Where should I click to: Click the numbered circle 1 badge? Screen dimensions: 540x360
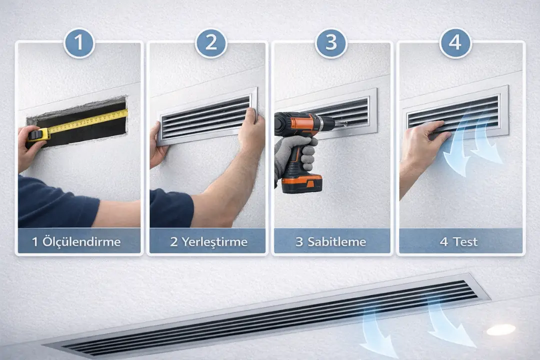pos(79,43)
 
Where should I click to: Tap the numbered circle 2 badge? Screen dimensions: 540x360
pos(211,43)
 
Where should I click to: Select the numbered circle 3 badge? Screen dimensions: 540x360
pos(331,43)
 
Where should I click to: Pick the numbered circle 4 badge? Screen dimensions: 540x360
pos(455,43)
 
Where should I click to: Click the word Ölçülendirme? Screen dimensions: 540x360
pos(81,241)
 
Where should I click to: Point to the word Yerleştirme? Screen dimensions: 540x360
pos(214,241)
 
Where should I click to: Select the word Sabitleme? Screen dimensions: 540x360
pos(336,241)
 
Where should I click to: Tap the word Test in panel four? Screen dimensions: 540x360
pos(465,241)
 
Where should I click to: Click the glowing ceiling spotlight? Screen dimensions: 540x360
pos(501,329)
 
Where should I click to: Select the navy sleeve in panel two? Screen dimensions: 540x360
pos(171,208)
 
